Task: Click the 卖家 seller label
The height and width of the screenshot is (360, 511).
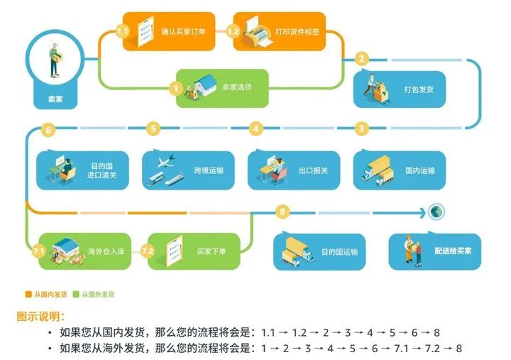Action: click(x=55, y=99)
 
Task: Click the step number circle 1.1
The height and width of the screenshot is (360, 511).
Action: click(x=121, y=31)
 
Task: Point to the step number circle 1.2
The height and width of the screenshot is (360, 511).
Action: click(x=233, y=31)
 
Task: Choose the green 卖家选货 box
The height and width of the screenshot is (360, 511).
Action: click(x=222, y=88)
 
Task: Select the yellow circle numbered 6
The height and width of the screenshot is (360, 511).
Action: click(x=48, y=129)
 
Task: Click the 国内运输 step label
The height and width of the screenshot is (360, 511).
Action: click(x=419, y=170)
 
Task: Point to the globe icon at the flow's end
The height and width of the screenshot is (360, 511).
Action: click(x=436, y=212)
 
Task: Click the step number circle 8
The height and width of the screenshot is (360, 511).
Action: click(x=283, y=212)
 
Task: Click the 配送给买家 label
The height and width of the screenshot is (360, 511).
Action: click(x=454, y=251)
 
